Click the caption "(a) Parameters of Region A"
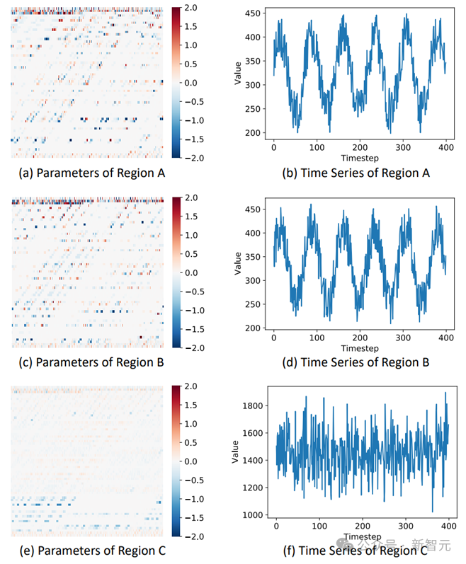pyautogui.click(x=89, y=173)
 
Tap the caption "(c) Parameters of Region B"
pyautogui.click(x=89, y=363)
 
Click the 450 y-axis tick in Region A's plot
pyautogui.click(x=251, y=14)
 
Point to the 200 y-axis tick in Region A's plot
pyautogui.click(x=251, y=132)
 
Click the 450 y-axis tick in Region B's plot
pyautogui.click(x=251, y=209)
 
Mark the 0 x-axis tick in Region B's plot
pyautogui.click(x=274, y=339)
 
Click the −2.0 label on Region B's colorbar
pyautogui.click(x=193, y=347)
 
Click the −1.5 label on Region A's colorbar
pyautogui.click(x=193, y=139)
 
